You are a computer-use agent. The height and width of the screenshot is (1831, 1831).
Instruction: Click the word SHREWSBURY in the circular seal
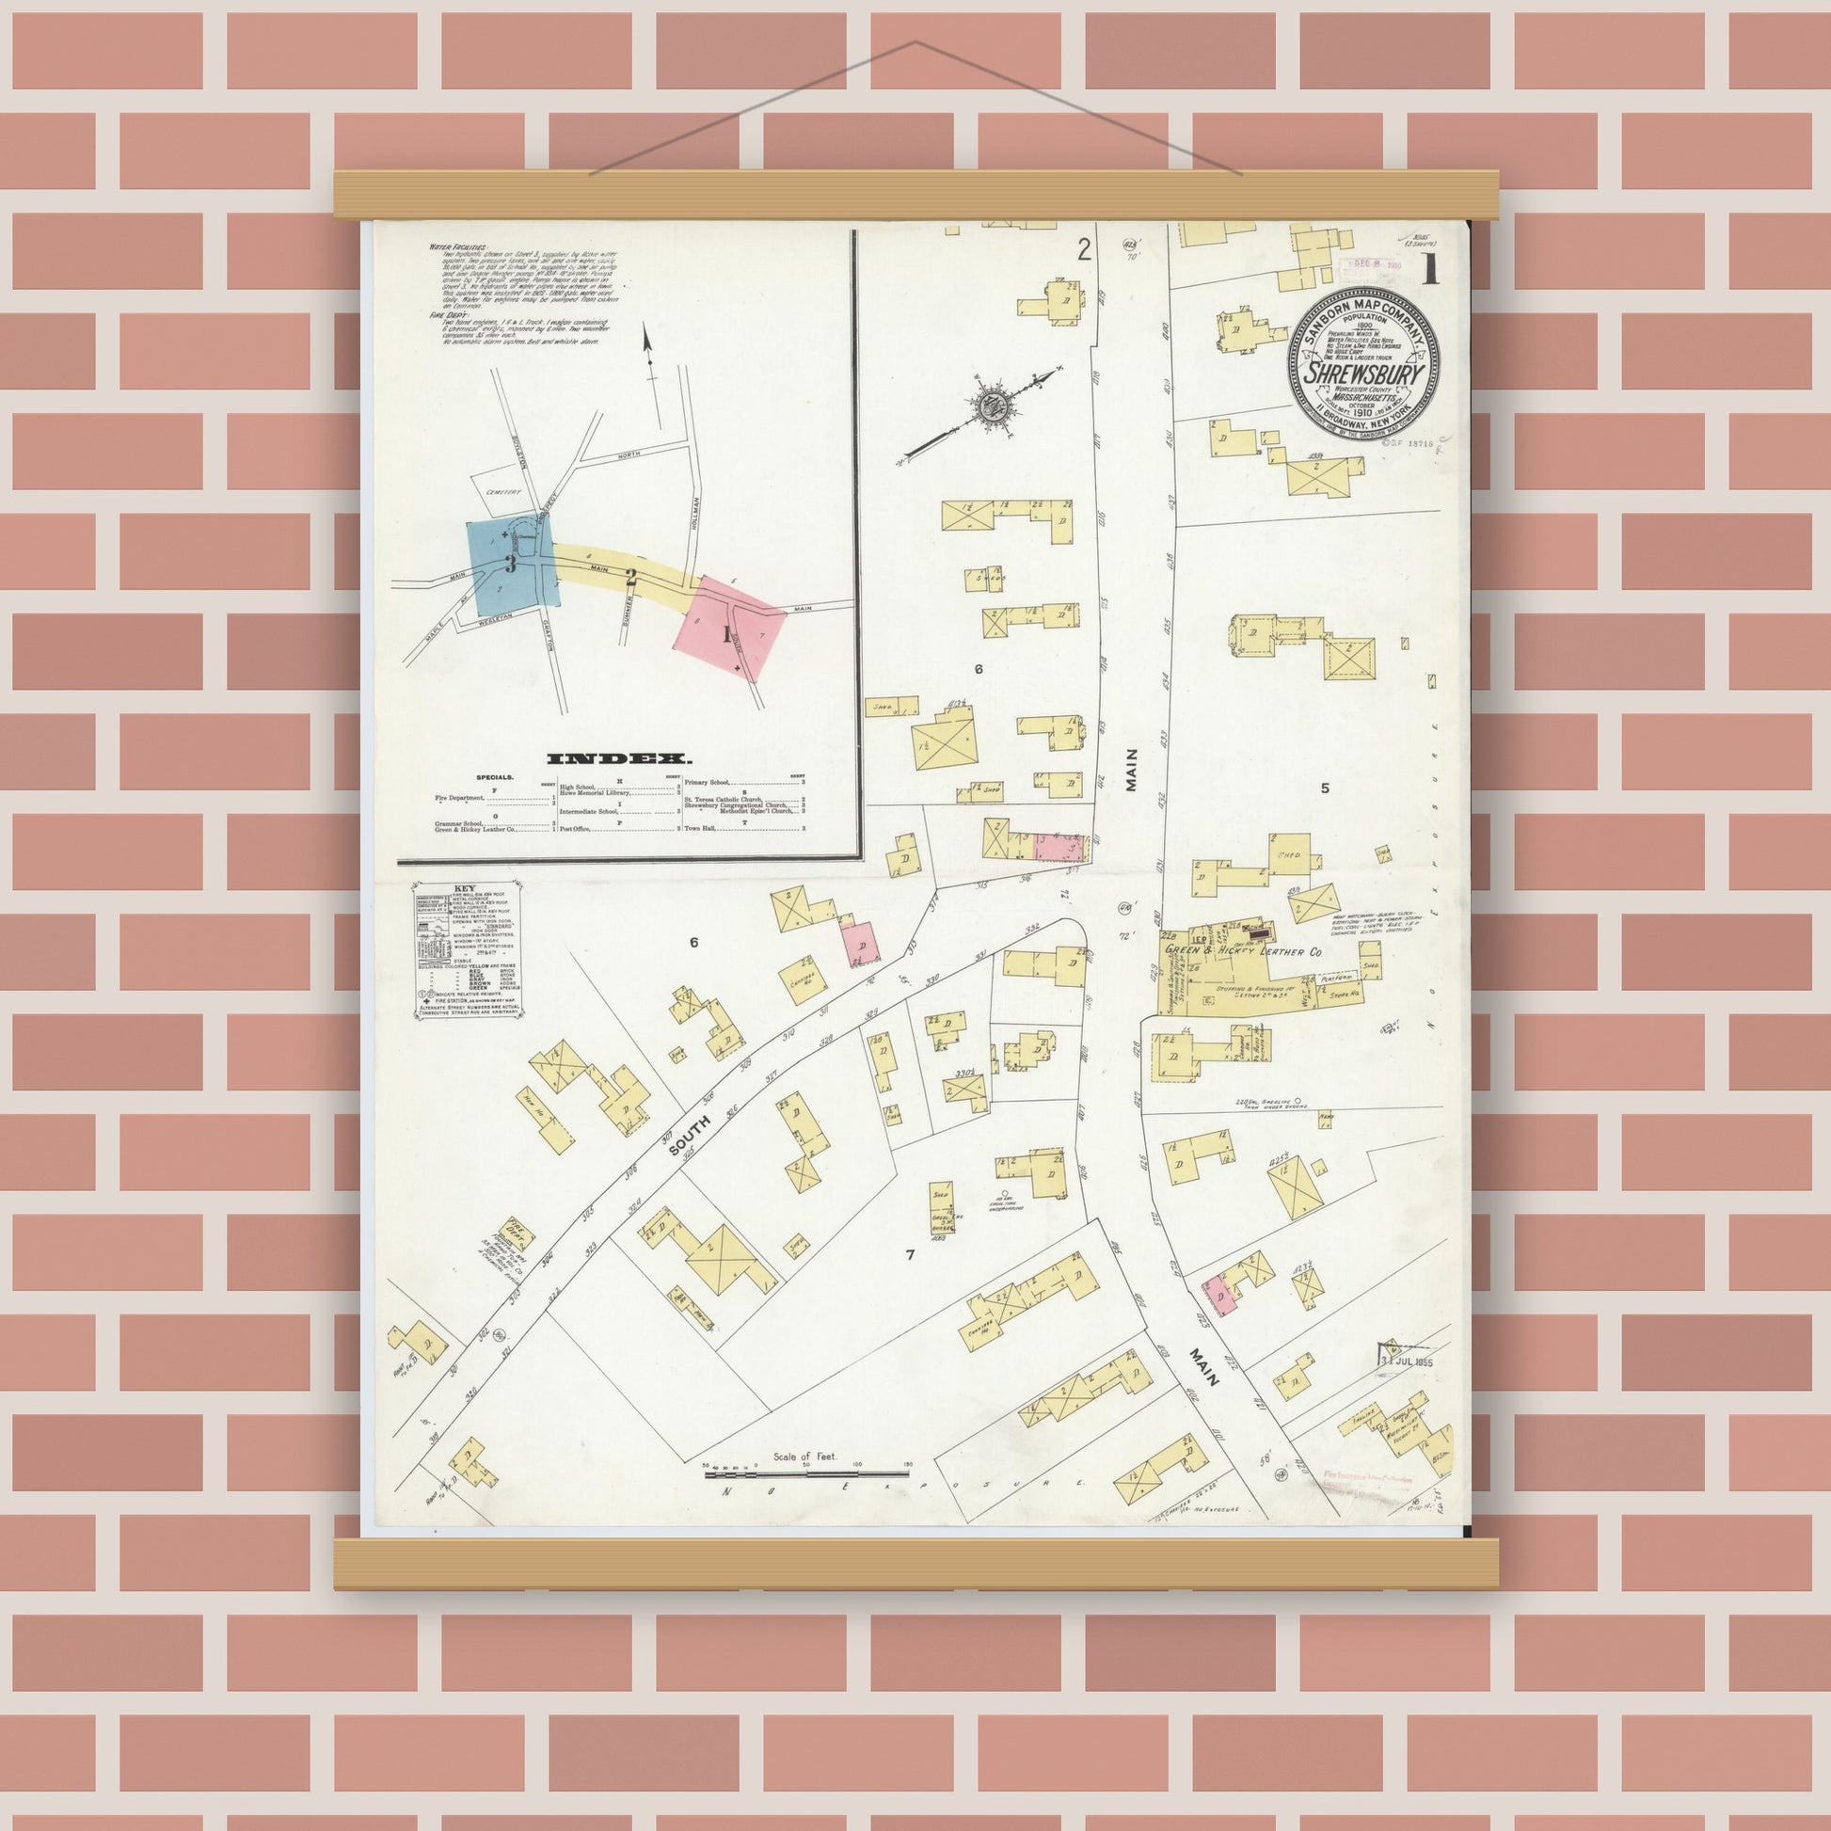(1362, 374)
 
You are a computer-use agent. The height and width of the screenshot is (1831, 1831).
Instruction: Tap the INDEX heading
(619, 758)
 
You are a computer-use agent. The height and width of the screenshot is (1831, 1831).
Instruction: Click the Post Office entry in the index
(576, 828)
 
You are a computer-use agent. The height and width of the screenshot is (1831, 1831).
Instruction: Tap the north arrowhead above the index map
(648, 336)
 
